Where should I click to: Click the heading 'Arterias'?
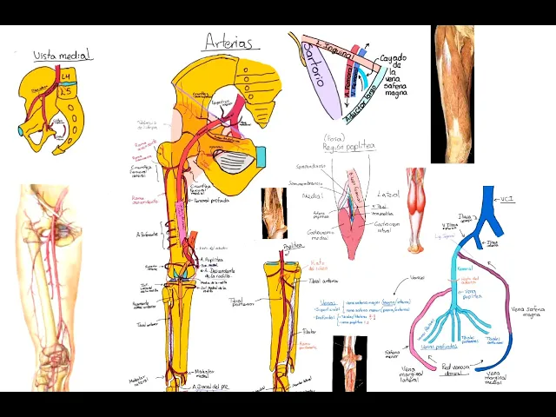[228, 42]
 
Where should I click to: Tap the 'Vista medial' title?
[63, 56]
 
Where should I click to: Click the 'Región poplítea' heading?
[347, 146]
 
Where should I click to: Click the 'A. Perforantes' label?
[149, 234]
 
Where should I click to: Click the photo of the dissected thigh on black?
[453, 94]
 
